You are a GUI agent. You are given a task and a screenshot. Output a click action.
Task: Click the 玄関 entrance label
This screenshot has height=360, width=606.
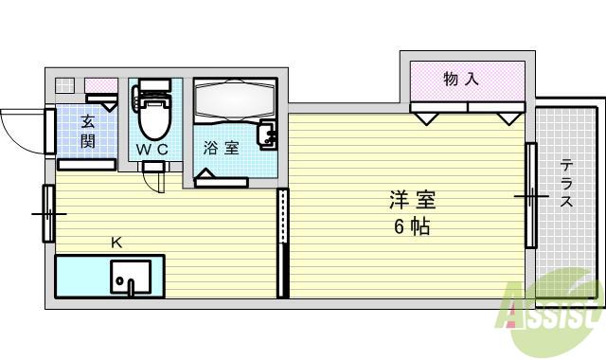pos(87,131)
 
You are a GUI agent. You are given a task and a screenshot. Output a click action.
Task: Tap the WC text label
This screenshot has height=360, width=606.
pos(151,150)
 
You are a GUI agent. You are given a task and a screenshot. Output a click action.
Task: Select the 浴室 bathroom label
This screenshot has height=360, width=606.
pos(221,148)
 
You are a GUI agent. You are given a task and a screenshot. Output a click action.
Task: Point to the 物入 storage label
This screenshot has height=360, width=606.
pos(461,80)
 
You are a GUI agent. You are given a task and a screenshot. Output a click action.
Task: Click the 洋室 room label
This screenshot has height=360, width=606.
pos(413,201)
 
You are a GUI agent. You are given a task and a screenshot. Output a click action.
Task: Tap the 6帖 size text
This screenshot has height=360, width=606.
pos(413,226)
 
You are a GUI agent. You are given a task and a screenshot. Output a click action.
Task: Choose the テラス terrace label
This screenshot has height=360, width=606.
pos(566,186)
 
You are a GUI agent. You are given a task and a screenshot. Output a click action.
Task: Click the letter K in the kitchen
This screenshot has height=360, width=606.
pos(116,243)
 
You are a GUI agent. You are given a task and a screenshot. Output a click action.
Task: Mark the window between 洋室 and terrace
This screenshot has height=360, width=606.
pos(531,194)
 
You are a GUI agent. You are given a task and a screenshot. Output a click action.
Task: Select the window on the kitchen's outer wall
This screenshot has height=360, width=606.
pos(47,212)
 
